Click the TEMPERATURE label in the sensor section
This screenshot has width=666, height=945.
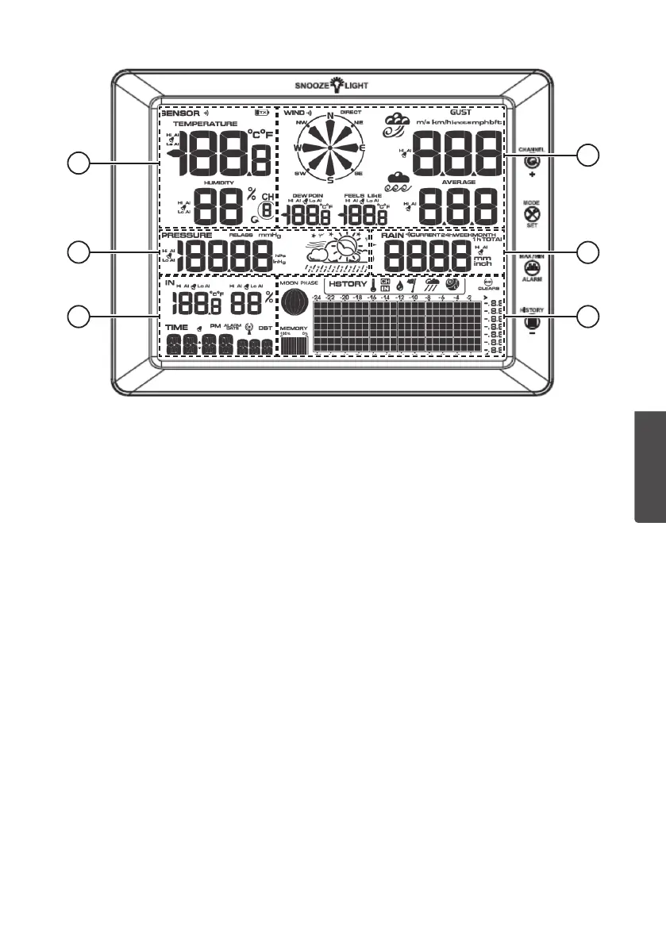click(206, 125)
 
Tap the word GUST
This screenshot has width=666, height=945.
click(460, 113)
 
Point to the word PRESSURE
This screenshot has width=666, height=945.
click(187, 236)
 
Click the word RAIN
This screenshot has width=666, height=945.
click(392, 236)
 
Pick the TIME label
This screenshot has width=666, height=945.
click(176, 326)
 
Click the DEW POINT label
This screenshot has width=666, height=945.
click(307, 194)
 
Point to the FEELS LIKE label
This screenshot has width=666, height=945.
click(363, 194)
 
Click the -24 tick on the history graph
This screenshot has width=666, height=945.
click(317, 297)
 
